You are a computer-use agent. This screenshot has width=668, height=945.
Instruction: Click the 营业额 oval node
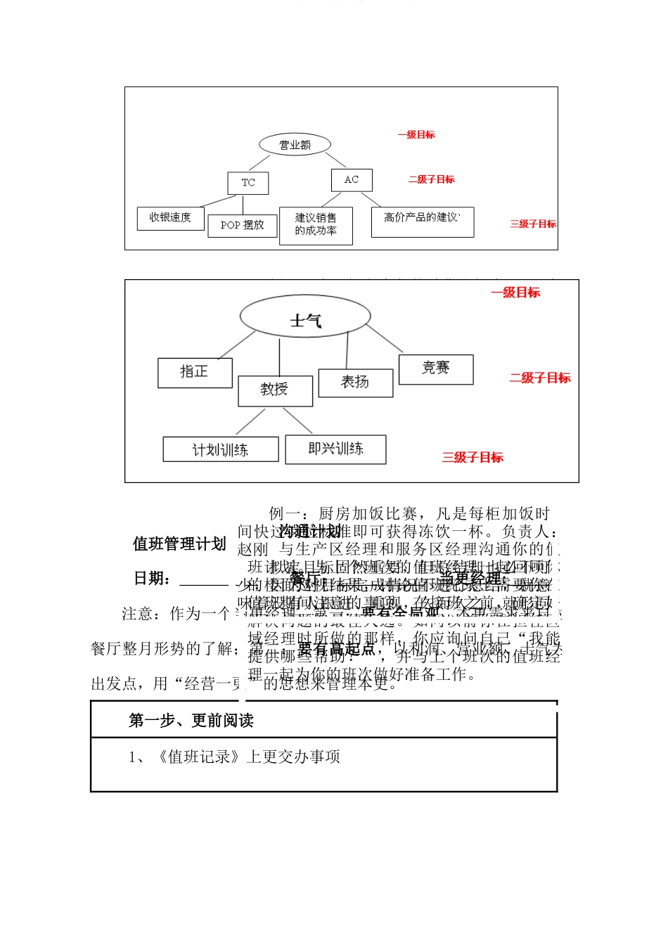click(295, 145)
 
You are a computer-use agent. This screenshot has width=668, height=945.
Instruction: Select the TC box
click(248, 183)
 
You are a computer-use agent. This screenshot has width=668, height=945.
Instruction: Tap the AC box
click(352, 180)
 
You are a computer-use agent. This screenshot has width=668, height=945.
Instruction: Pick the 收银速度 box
click(170, 218)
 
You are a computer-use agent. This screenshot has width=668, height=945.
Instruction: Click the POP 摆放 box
click(242, 226)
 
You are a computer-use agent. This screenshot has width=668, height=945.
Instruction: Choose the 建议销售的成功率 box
click(316, 225)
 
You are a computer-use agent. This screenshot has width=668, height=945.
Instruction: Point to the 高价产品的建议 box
click(423, 221)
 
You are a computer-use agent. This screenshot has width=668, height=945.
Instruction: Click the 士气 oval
click(305, 317)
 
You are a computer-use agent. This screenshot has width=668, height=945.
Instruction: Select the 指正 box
click(195, 373)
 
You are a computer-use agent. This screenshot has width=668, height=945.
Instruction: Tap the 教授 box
click(275, 391)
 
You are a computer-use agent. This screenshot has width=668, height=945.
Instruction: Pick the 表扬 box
click(355, 382)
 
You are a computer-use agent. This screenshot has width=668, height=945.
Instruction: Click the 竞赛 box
click(435, 369)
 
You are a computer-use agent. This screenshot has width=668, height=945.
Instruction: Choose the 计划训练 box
click(221, 449)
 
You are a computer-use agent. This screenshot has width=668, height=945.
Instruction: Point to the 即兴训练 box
click(335, 449)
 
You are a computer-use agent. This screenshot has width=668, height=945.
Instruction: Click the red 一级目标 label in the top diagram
click(416, 135)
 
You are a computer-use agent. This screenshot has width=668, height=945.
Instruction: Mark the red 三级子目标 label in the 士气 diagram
click(473, 458)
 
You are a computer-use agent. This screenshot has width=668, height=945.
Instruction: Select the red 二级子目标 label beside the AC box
click(432, 180)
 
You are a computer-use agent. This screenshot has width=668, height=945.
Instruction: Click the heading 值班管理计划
click(179, 544)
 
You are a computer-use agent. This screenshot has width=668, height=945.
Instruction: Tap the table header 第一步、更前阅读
click(191, 721)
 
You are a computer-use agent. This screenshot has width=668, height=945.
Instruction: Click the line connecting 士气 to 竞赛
click(384, 337)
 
